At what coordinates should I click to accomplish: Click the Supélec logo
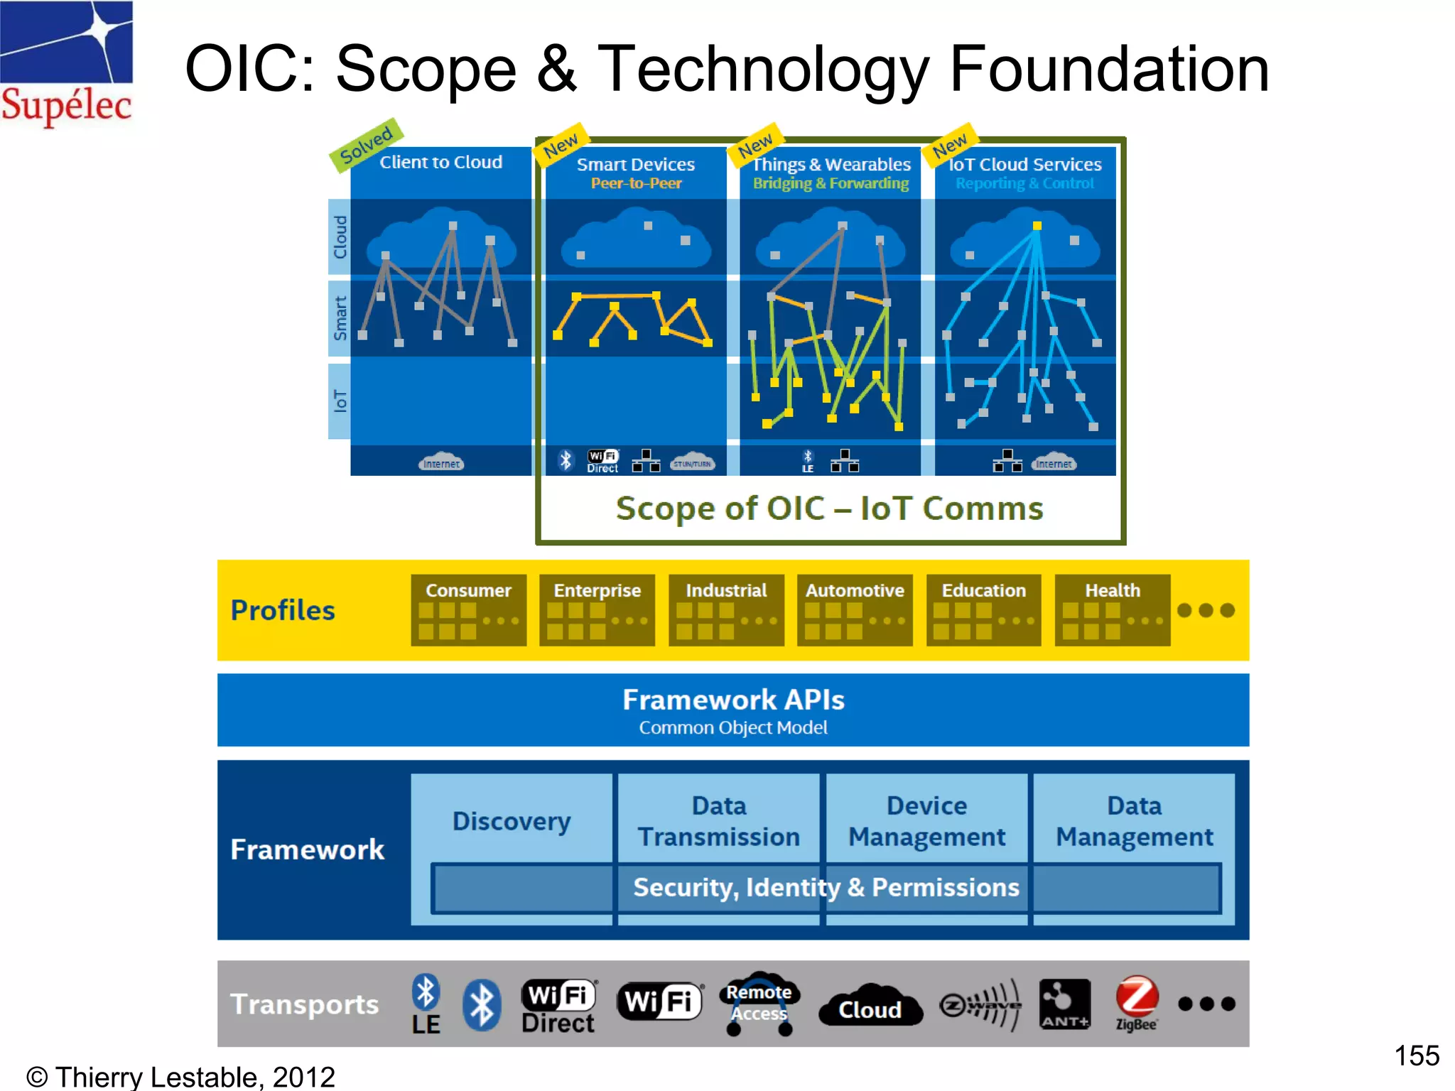66,64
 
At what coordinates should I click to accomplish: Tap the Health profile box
1112,609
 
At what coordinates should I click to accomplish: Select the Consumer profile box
468,609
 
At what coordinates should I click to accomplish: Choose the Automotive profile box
854,609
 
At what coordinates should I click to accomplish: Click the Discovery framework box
512,821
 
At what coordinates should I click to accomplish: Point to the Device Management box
926,821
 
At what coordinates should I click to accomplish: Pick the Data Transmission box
718,821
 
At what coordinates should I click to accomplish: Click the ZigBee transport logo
1136,1003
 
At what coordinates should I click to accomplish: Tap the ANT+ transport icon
1064,1003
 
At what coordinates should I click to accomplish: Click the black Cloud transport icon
870,1006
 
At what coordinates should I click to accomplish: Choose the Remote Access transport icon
759,1003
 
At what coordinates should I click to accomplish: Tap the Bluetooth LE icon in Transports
426,1003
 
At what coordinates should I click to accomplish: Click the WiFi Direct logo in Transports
558,1006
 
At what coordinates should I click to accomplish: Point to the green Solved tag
367,144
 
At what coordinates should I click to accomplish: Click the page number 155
1416,1055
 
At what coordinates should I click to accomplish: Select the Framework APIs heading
733,700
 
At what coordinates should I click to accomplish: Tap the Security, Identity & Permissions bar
826,887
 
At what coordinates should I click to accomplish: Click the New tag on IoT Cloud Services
950,145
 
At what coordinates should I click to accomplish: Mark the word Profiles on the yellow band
283,610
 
